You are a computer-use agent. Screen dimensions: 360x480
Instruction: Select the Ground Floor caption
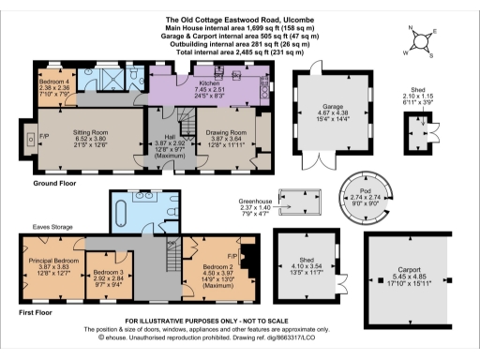tap(39, 184)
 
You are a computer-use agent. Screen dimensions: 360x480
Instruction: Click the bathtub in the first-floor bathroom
tap(125, 211)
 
